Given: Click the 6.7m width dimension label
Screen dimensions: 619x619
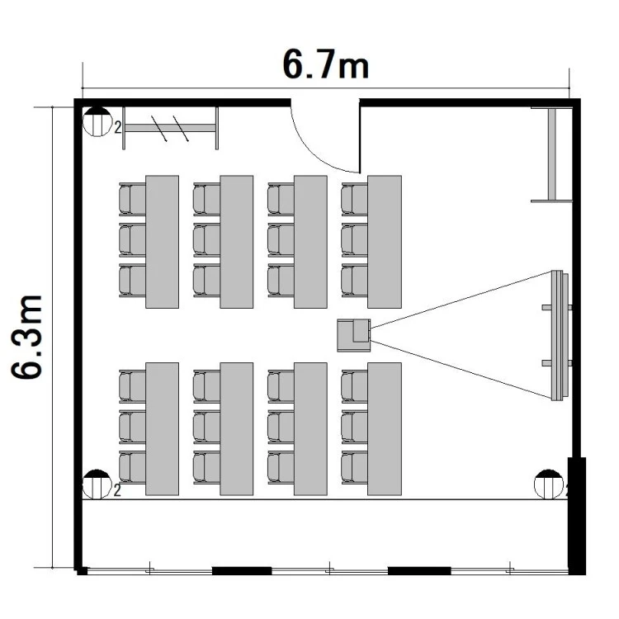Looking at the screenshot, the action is [326, 64].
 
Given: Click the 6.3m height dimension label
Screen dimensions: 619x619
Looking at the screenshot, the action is [26, 337].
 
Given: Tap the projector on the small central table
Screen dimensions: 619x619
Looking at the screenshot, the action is [361, 331].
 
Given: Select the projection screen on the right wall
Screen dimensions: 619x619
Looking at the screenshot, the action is [557, 336].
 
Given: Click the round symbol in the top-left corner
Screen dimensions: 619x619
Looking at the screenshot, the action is [97, 121].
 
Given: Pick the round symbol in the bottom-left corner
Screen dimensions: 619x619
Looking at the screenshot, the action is [97, 484].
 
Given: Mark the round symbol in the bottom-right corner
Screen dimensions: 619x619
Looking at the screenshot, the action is [549, 484].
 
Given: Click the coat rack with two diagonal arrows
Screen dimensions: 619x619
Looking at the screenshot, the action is [170, 128].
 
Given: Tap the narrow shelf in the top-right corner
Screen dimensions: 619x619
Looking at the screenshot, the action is [551, 154].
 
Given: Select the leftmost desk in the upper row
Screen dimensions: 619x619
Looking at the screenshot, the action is [163, 242].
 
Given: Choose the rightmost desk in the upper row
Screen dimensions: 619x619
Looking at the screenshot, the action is [385, 242].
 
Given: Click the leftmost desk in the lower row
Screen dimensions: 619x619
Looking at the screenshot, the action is [163, 429].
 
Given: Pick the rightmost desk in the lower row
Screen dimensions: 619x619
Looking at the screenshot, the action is [385, 429].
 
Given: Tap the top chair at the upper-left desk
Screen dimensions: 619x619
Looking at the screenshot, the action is [132, 200].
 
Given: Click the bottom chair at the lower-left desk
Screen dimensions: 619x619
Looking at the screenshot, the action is [132, 467].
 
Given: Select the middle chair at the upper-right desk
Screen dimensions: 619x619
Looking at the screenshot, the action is [355, 240].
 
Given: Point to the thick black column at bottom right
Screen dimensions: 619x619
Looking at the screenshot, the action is [577, 516].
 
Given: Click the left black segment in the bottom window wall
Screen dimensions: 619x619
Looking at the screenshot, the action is [242, 571].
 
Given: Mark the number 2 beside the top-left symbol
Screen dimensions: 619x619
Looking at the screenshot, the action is [118, 127].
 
